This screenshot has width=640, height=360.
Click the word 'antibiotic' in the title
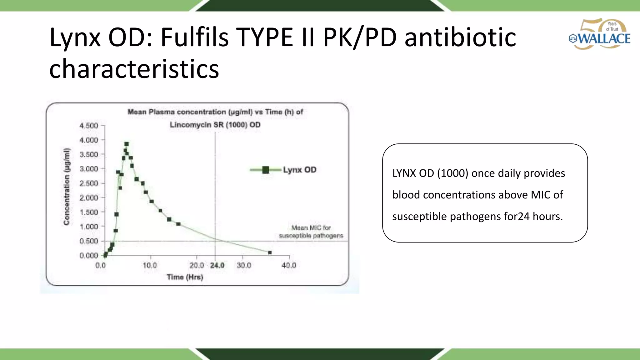[460, 37]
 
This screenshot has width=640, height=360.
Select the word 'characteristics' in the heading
[134, 69]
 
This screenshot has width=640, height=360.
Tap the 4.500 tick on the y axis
[89, 126]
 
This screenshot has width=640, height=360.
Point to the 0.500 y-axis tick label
[89, 241]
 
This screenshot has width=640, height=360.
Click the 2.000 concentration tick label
[89, 198]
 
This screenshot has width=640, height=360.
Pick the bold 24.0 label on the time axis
[217, 266]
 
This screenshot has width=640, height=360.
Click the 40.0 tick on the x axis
[289, 266]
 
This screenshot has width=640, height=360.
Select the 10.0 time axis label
[150, 266]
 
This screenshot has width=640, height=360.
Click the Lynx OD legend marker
[266, 170]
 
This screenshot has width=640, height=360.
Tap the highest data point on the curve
[127, 144]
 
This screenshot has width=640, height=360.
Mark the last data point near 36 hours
[270, 252]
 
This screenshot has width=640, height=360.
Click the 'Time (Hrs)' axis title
[185, 277]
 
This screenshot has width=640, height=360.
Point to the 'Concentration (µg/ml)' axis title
[66, 187]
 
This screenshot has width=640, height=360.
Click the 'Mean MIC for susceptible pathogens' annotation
[311, 232]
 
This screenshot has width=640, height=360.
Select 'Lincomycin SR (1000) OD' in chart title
[215, 125]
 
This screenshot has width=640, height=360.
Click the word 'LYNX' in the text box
[404, 173]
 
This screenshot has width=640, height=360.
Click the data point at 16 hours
[178, 224]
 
